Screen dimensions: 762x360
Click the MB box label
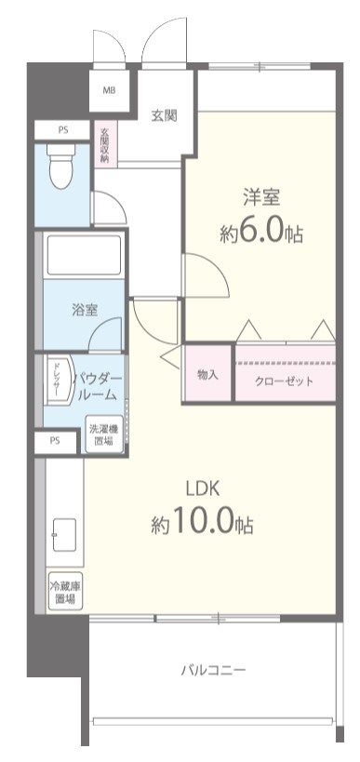click(110, 90)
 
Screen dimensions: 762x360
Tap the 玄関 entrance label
click(165, 115)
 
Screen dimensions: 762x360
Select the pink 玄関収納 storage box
click(105, 144)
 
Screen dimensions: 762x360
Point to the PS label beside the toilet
click(63, 129)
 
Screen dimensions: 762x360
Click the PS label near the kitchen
click(55, 441)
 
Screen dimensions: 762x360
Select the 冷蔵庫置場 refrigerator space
click(64, 593)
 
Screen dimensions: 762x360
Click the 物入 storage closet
click(207, 374)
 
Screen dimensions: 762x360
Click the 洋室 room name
click(261, 197)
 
